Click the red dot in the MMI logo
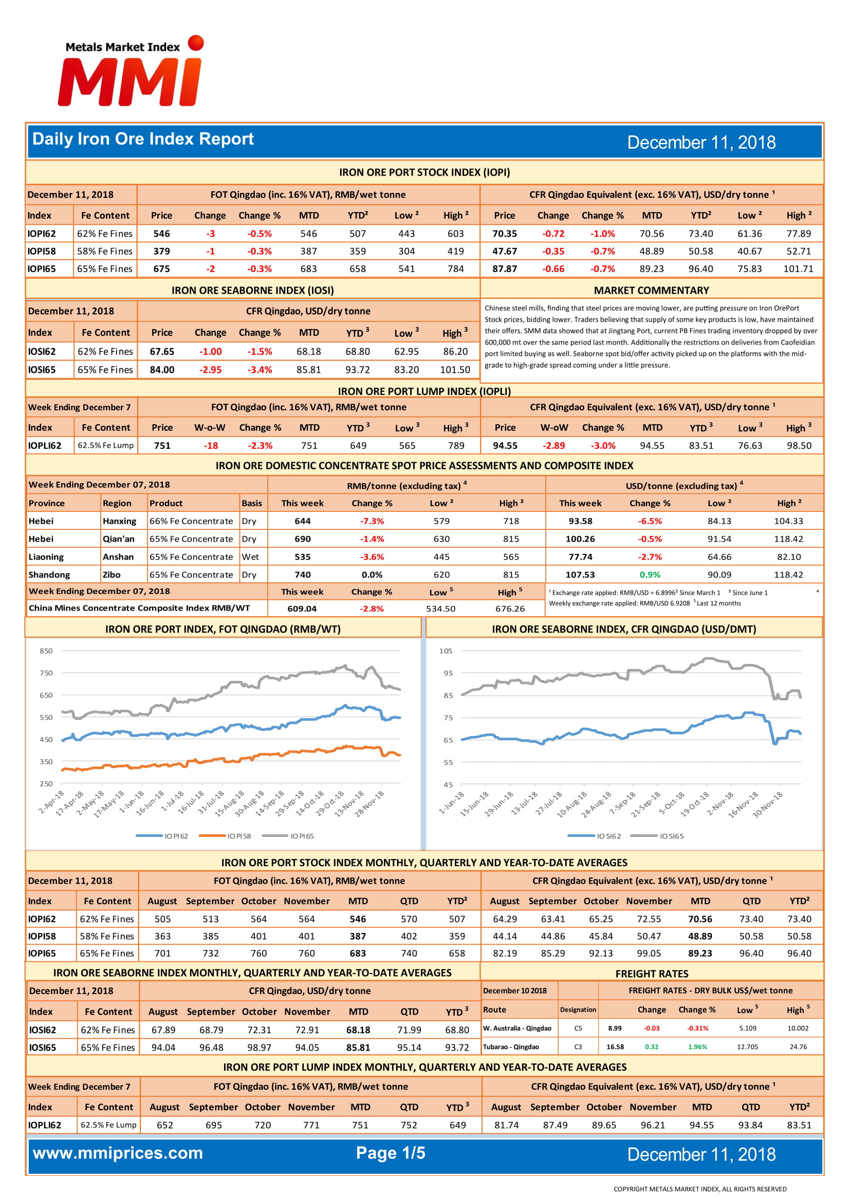coord(196,43)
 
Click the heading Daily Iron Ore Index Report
coord(143,139)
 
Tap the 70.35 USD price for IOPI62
coord(505,234)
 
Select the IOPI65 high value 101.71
coord(798,269)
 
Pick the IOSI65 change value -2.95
coord(210,370)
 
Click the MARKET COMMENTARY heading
coord(651,290)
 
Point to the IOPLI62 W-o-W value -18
coord(211,446)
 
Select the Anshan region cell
coord(118,557)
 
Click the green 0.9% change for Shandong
coord(650,575)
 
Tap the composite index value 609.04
coord(302,609)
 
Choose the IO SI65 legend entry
coord(657,836)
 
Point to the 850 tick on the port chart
coord(46,651)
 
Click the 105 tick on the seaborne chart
coord(446,651)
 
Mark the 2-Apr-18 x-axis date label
coord(51,803)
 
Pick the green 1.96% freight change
coord(697,1047)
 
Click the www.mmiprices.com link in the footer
coord(118,1153)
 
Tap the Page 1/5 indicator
coord(391,1153)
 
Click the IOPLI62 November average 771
coord(311,1125)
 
